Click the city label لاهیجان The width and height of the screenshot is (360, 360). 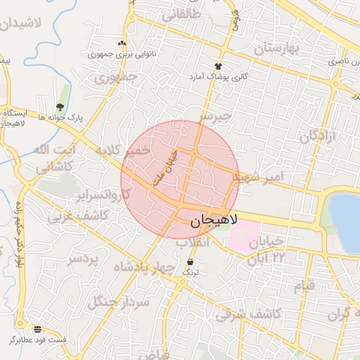coord(214,221)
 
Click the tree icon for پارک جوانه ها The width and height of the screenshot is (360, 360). coord(59,107)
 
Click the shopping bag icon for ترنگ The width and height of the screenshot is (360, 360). coord(191,262)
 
